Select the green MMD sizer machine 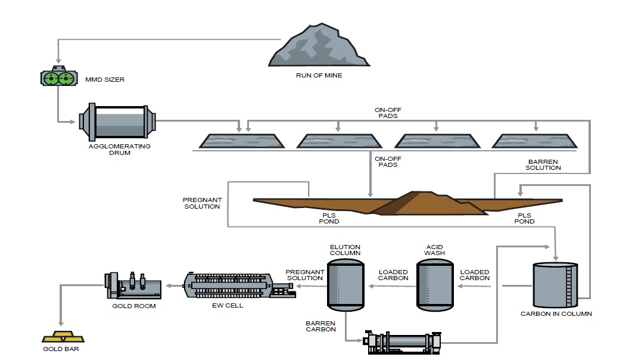coord(58,78)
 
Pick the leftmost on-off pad coord(241,140)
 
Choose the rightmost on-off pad coord(534,140)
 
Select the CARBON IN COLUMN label coord(556,314)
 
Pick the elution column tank coord(345,284)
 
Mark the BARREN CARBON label coord(321,325)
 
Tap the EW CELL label coord(228,306)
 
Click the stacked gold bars coord(61,337)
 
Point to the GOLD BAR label coord(61,349)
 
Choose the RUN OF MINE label coord(319,76)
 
